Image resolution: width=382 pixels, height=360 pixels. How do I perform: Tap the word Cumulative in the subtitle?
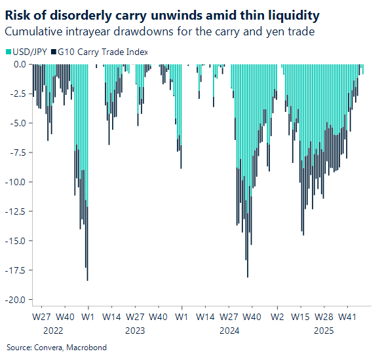pyautogui.click(x=32, y=31)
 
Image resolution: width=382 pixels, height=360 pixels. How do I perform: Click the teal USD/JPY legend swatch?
pyautogui.click(x=8, y=52)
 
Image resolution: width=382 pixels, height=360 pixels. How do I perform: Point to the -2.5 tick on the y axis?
pyautogui.click(x=18, y=94)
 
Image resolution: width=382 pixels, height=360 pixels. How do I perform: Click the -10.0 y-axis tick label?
pyautogui.click(x=16, y=182)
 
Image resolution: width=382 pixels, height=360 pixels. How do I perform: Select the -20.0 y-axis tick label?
pyautogui.click(x=16, y=300)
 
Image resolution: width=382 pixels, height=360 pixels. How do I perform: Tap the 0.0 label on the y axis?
pyautogui.click(x=20, y=64)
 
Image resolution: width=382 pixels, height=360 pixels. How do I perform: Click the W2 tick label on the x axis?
pyautogui.click(x=278, y=317)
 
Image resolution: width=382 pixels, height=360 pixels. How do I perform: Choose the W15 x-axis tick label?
pyautogui.click(x=301, y=317)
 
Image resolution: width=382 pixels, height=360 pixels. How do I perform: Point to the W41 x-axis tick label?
pyautogui.click(x=347, y=317)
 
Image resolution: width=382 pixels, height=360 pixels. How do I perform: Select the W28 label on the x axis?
pyautogui.click(x=324, y=317)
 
